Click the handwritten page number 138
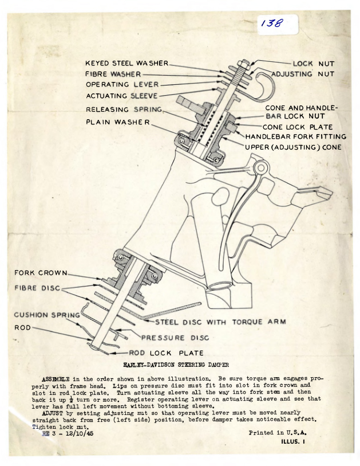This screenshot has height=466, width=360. coord(272,24)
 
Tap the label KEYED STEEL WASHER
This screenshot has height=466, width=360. coord(127,63)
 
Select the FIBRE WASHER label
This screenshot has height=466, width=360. coord(114,74)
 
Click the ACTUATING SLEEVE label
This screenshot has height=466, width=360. coord(121,96)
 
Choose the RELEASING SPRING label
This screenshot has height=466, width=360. coord(124,109)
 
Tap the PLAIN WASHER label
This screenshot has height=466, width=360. coord(118,122)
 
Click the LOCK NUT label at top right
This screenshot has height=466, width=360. coord(313,64)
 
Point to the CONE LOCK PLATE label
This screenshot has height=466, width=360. coord(297,127)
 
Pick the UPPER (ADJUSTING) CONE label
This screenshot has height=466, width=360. coord(293,147)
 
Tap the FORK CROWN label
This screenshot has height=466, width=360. coord(41,272)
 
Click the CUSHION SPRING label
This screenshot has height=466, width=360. coord(48,315)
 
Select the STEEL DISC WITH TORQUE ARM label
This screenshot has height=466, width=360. coord(220,322)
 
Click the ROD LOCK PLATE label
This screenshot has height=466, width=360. coord(167,353)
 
